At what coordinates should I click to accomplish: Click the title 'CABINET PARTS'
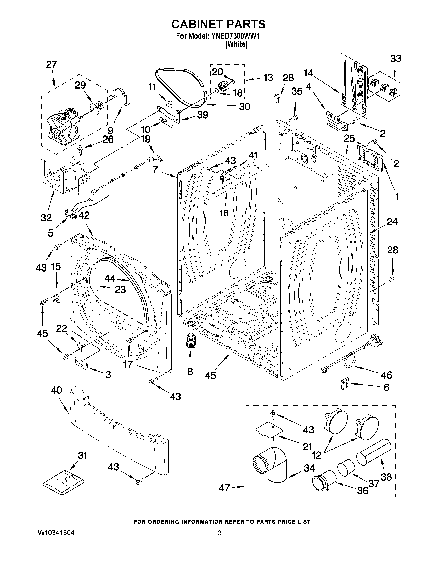[x=218, y=24]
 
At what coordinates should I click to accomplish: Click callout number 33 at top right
[x=396, y=58]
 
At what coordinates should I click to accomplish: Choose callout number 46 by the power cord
[x=386, y=375]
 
